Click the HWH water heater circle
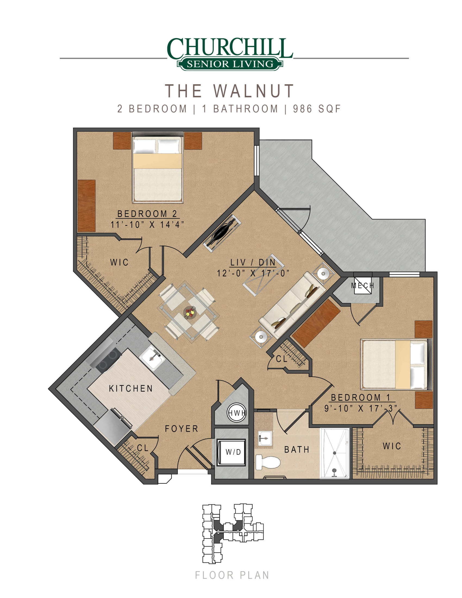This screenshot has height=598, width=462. coord(237,413)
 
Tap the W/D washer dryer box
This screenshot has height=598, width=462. coord(231,452)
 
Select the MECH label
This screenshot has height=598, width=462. coord(363,286)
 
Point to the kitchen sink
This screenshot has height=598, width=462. coord(152,358)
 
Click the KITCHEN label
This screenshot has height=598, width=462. coord(131,388)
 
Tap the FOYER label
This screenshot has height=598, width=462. coord(182,429)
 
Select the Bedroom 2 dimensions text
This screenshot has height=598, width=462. coord(147,225)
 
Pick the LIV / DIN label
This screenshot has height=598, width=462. coord(253,262)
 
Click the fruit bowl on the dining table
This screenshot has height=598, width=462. coord(190,312)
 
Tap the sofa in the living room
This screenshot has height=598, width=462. coord(293,305)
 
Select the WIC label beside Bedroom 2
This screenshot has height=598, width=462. coord(119,262)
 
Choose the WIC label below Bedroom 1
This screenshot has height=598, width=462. coord(392,446)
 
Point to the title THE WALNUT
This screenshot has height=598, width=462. coord(229,91)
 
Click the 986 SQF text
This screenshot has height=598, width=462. coord(317,109)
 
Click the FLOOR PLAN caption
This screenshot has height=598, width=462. coord(232,575)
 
